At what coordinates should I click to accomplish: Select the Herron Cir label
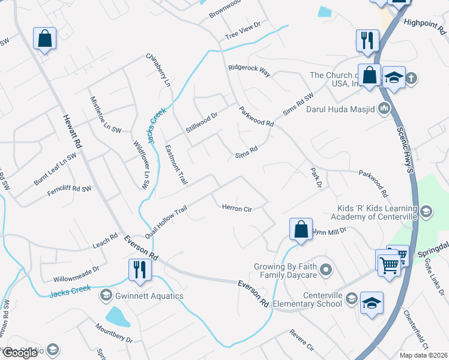pyautogui.click(x=237, y=209)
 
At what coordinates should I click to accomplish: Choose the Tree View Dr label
pyautogui.click(x=243, y=30)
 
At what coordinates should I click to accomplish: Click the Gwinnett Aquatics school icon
pyautogui.click(x=106, y=295)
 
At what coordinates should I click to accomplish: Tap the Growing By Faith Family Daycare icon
pyautogui.click(x=326, y=269)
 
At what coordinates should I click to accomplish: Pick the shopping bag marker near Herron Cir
pyautogui.click(x=301, y=229)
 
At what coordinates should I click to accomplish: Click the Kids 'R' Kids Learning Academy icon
pyautogui.click(x=426, y=211)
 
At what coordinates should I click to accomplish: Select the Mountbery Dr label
pyautogui.click(x=114, y=333)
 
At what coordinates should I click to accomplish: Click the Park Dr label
pyautogui.click(x=316, y=177)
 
